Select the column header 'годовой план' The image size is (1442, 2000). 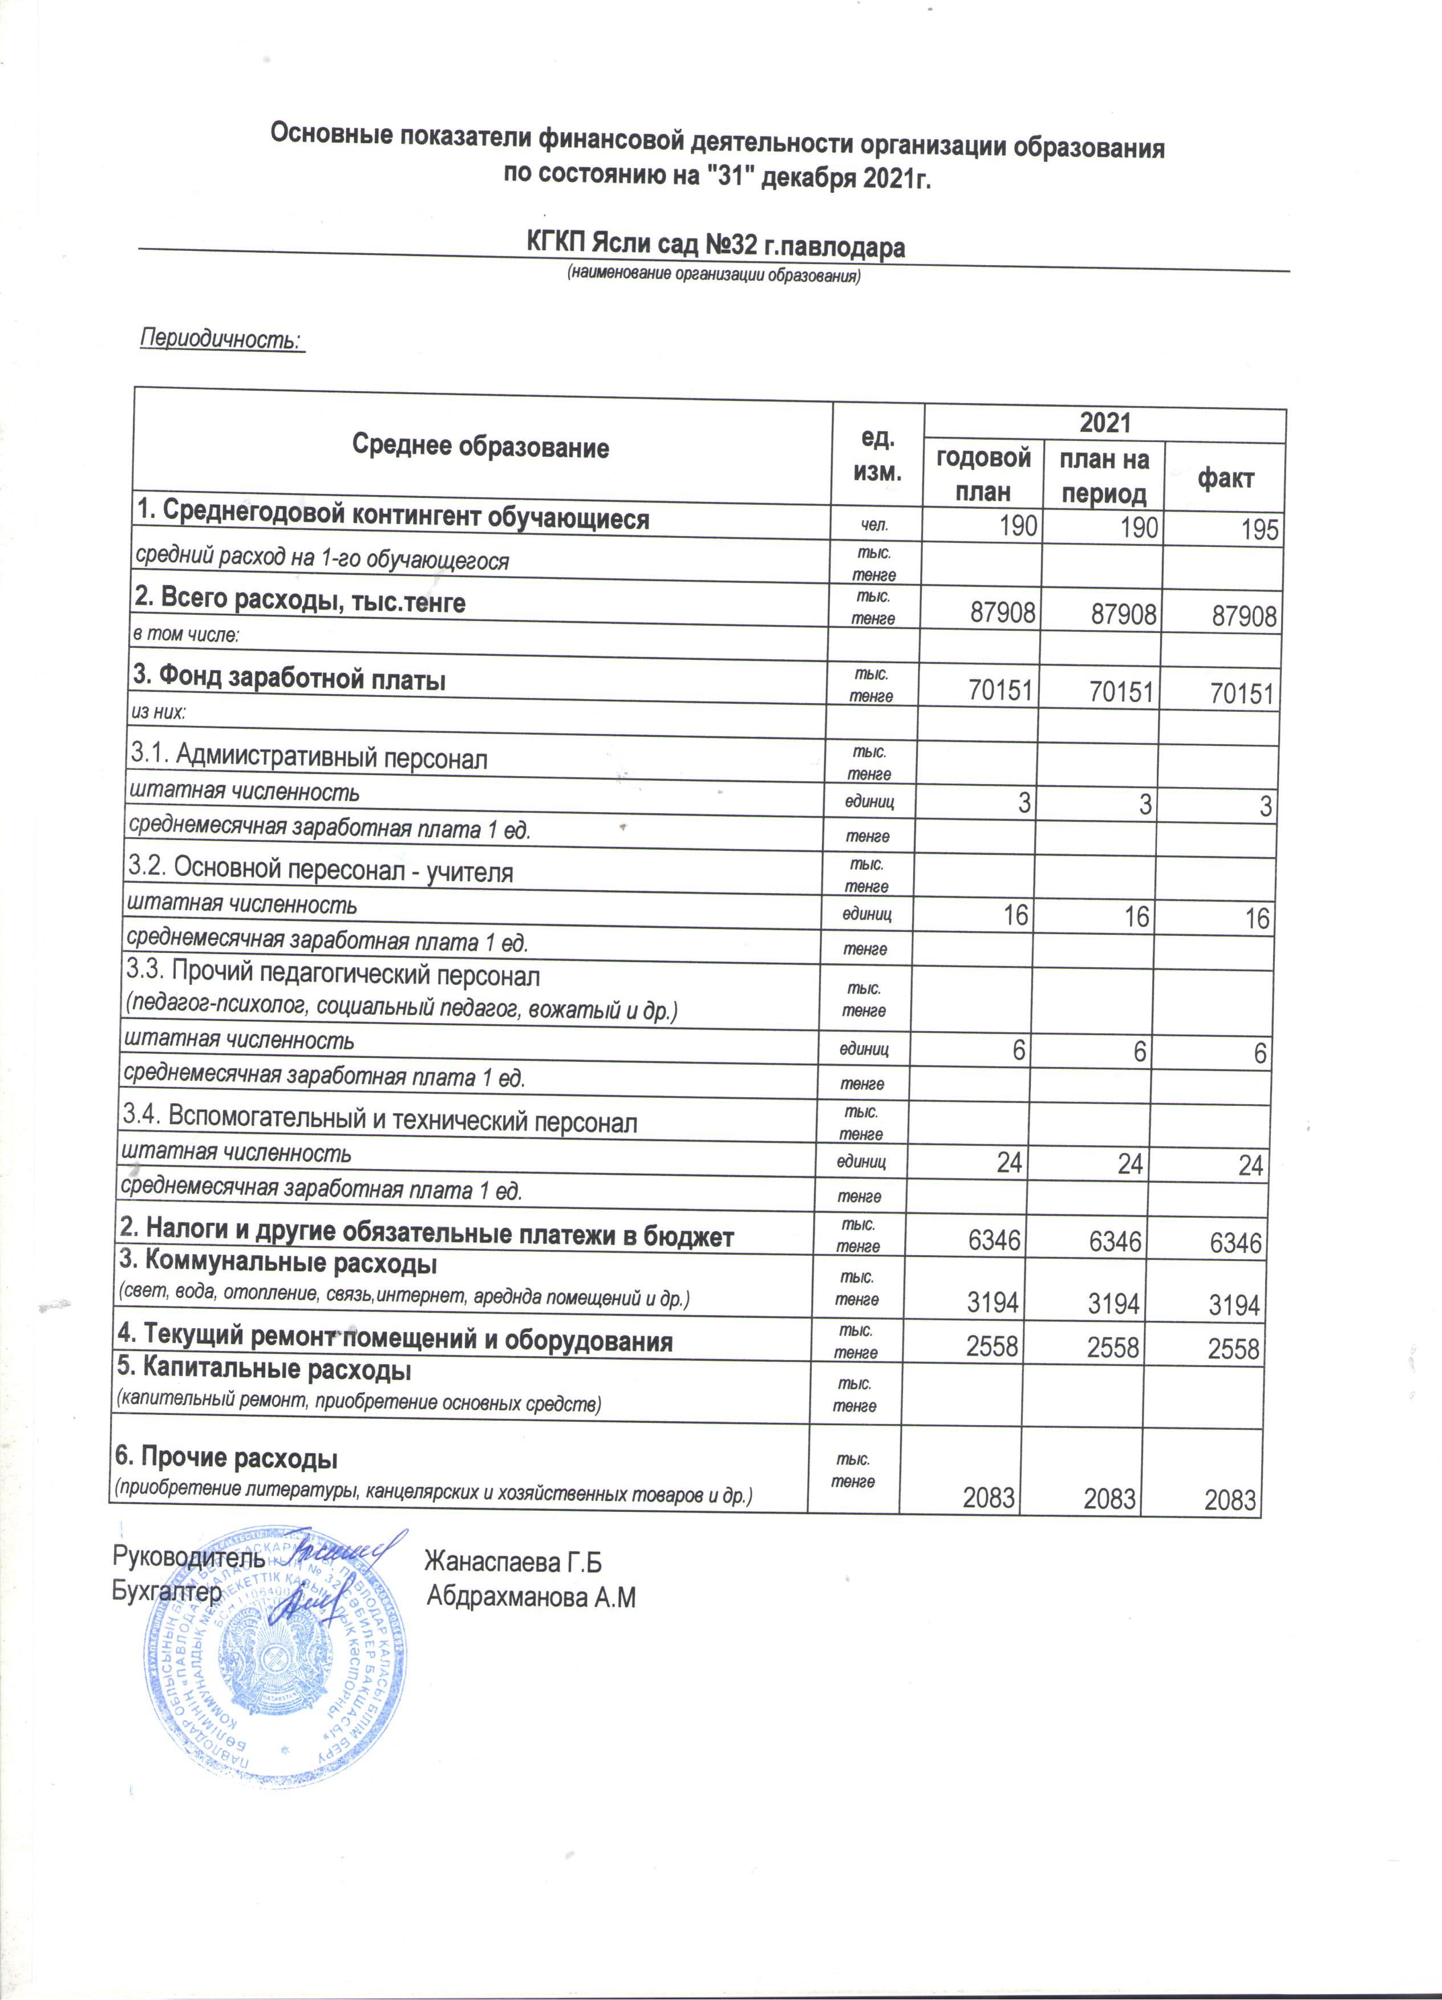click(x=982, y=474)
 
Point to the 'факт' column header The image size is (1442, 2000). click(x=1225, y=479)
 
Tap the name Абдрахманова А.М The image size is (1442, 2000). click(x=531, y=1597)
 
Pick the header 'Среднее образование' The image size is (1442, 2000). click(x=481, y=447)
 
